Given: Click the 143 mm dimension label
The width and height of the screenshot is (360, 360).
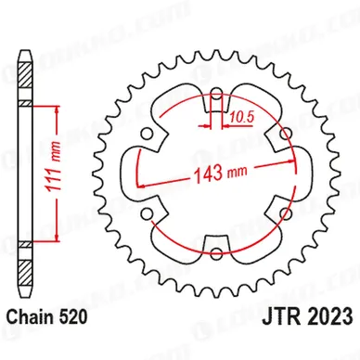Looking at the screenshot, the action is (x=220, y=173).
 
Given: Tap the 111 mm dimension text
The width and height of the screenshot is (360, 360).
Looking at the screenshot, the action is (x=52, y=167).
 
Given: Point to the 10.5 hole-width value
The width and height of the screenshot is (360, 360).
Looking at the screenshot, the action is (x=241, y=118).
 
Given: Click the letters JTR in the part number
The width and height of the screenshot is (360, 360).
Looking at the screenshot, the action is (x=281, y=315).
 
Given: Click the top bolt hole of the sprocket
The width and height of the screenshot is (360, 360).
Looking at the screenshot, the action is (x=217, y=96).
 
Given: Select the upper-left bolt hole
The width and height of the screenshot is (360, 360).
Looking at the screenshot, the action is (x=147, y=135).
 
